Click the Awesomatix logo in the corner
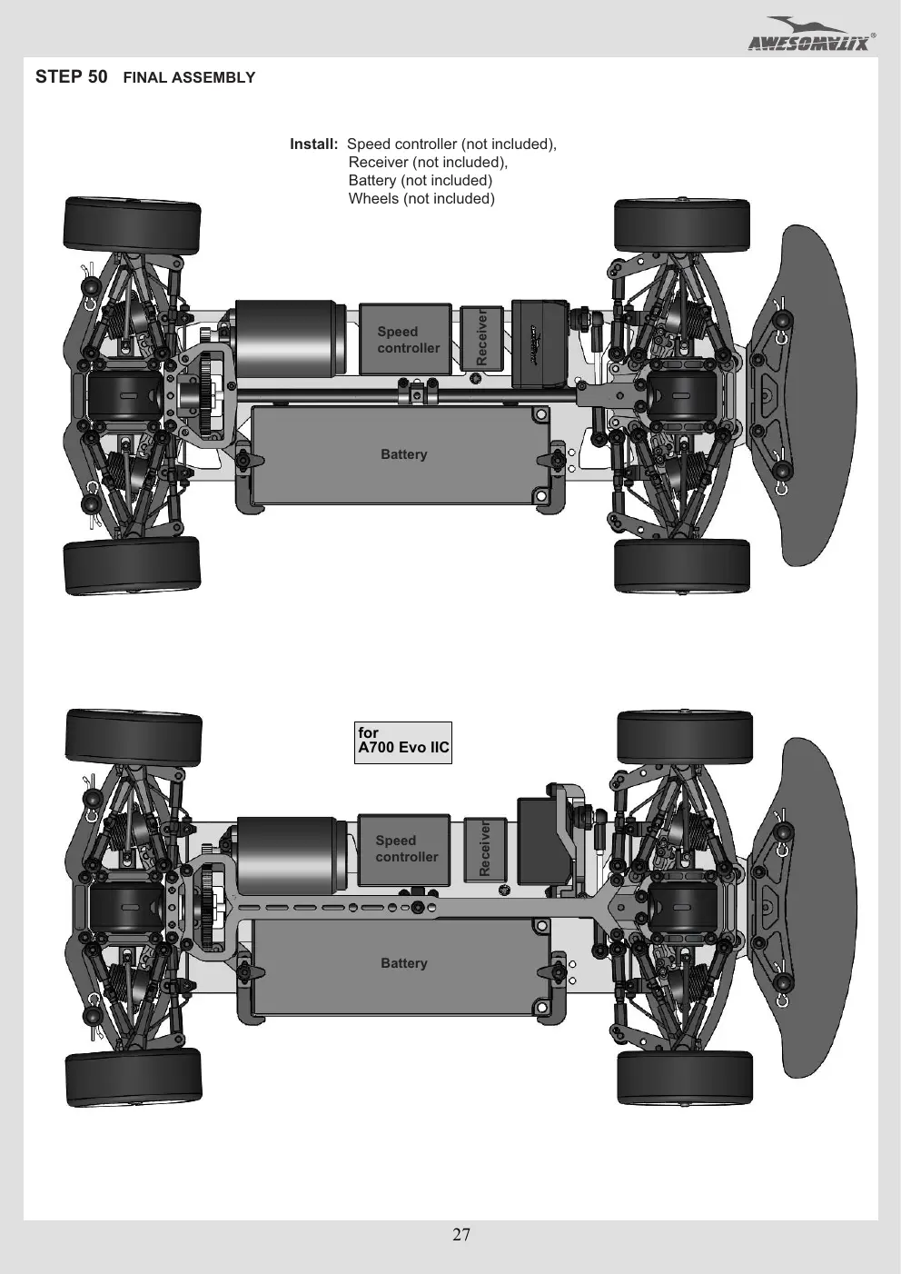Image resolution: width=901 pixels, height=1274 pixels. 811,35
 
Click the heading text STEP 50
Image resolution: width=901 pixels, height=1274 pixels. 71,76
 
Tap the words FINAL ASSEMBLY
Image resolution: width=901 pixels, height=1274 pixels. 189,77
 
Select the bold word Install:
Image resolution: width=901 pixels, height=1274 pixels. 313,144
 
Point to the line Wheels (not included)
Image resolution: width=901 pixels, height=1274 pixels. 421,198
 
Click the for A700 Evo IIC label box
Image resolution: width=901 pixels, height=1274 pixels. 403,742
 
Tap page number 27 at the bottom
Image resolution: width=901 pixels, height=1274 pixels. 461,1234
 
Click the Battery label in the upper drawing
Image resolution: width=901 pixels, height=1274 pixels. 403,454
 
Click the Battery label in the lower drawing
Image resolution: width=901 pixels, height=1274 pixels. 403,963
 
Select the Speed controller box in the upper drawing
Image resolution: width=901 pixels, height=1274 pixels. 406,339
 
